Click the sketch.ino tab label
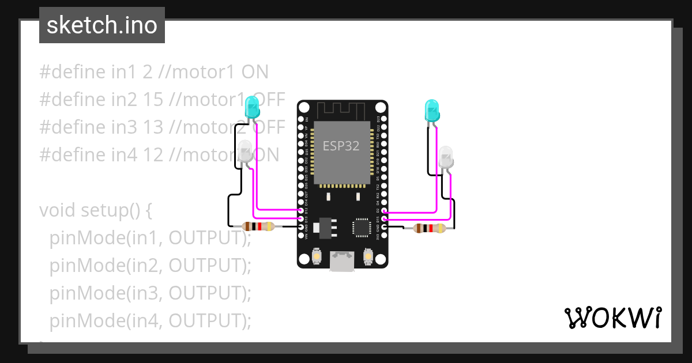102,25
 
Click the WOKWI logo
612,317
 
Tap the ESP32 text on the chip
340,146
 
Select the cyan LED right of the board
432,109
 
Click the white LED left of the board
245,152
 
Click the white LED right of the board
446,157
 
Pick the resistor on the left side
258,226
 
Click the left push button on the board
316,255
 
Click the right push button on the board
368,255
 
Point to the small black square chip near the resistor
362,227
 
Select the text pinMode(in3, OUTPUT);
151,293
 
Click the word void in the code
58,210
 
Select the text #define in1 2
95,72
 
